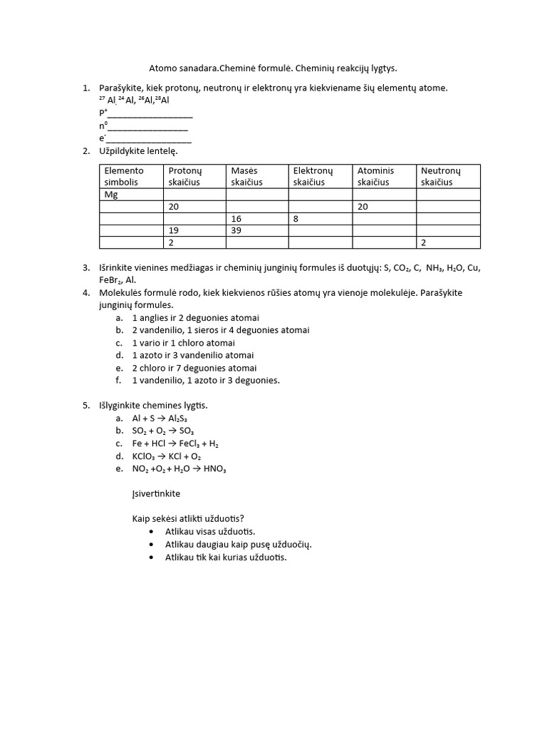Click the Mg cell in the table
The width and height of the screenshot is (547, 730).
click(111, 195)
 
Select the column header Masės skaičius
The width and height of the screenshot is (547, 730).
click(246, 176)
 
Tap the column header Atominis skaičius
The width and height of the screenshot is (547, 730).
click(375, 176)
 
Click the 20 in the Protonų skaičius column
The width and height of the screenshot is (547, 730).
click(174, 207)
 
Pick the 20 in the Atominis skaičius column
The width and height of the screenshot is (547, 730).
click(363, 207)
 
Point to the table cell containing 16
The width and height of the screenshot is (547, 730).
click(236, 219)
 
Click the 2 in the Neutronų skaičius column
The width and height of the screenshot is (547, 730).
click(424, 243)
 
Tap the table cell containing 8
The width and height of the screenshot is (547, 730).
click(296, 219)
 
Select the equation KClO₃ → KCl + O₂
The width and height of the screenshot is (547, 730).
click(167, 456)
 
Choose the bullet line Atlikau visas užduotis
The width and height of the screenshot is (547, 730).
click(209, 531)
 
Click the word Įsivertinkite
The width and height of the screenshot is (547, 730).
click(156, 493)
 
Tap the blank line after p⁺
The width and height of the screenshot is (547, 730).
click(150, 113)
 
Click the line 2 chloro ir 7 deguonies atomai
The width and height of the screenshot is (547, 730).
click(194, 368)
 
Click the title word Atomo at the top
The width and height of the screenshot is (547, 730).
click(162, 68)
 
